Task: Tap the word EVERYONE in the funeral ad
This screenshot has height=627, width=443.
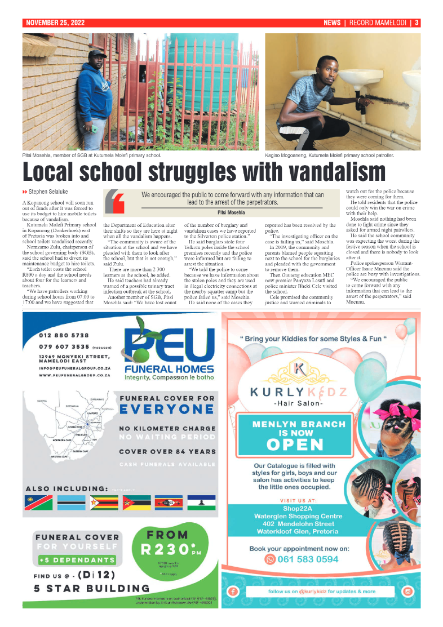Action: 167,408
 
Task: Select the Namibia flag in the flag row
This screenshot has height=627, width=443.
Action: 39,503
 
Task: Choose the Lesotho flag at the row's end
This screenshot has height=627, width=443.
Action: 202,503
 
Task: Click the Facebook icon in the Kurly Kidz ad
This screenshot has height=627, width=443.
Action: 232,592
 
